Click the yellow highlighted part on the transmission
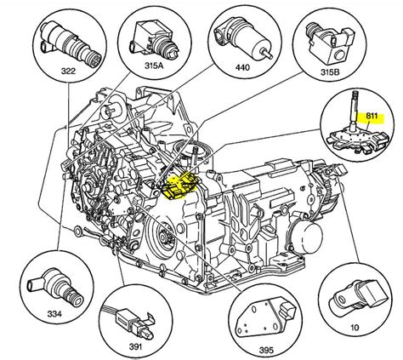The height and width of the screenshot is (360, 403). (x=179, y=186)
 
